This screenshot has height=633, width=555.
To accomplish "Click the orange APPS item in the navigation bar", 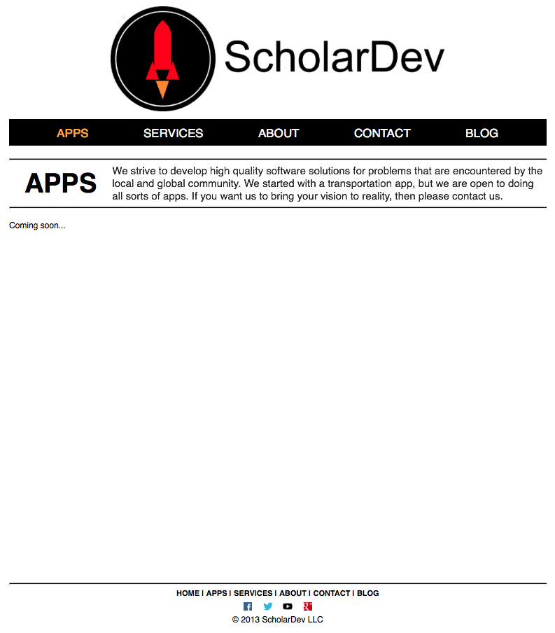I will pos(72,133).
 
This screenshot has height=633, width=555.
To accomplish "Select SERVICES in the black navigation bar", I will pos(173,133).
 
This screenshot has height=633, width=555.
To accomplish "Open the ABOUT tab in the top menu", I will pos(279,133).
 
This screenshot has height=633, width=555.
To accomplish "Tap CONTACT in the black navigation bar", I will pos(382,133).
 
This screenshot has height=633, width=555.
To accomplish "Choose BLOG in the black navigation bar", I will pos(482,133).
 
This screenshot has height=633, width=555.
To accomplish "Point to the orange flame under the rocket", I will pos(162,89).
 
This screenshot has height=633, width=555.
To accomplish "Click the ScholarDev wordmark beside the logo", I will pos(334,57).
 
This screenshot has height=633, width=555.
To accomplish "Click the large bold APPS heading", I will pos(61,183).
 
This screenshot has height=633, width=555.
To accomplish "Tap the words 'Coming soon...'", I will pos(37,225).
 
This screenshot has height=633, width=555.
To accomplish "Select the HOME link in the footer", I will pos(188,593).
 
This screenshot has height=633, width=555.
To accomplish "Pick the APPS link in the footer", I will pos(216,593).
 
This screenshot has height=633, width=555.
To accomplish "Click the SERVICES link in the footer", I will pos(253,593).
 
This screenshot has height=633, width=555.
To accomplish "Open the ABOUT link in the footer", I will pos(293,593).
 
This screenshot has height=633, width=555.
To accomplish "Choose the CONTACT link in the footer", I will pos(331,593).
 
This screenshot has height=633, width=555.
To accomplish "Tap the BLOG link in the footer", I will pos(367,593).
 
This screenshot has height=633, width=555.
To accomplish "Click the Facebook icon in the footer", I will pos(248,606).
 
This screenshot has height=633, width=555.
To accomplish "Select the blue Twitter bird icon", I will pos(268,606).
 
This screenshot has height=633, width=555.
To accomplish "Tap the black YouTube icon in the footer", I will pos(288,606).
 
